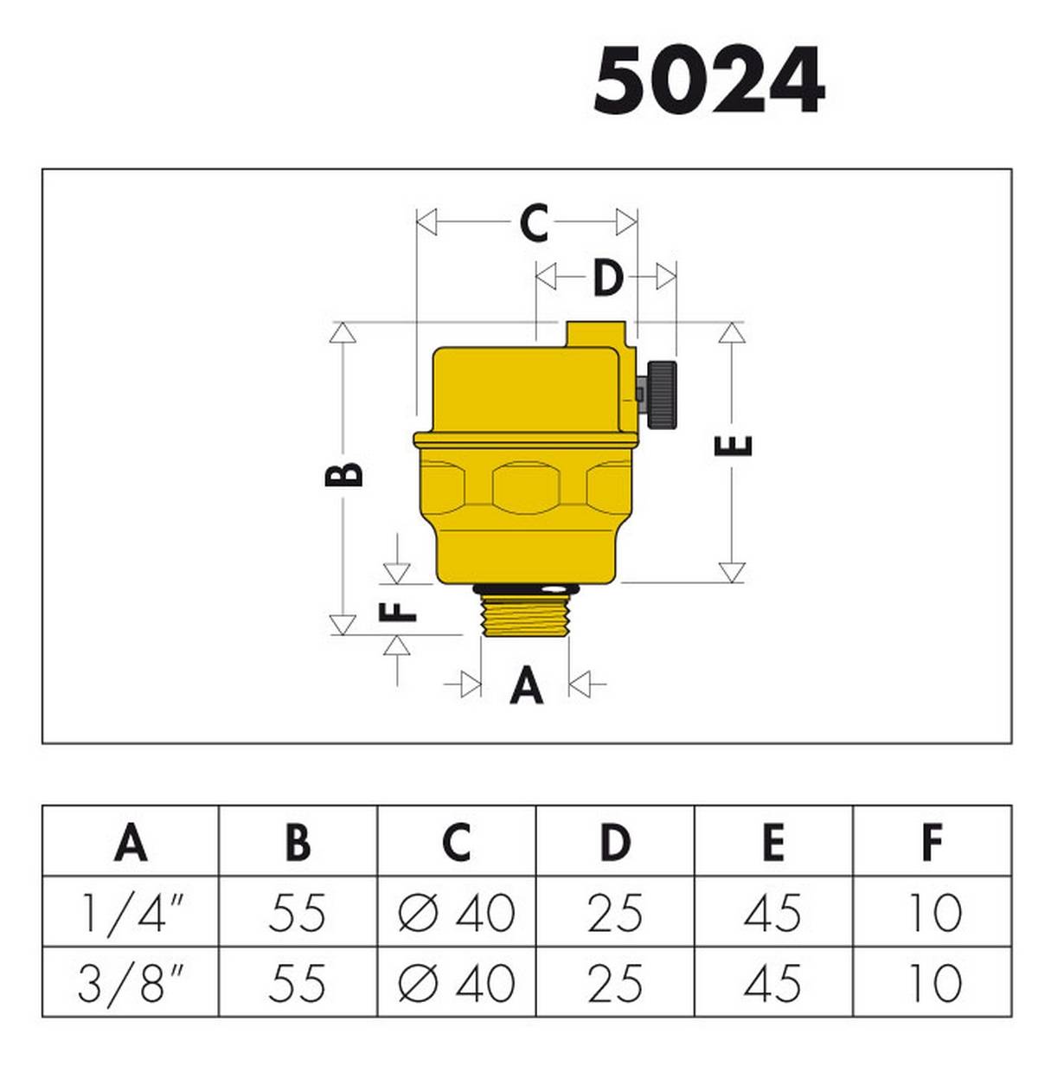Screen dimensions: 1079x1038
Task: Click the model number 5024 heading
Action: [x=708, y=80]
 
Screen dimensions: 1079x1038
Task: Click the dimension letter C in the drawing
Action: [x=534, y=222]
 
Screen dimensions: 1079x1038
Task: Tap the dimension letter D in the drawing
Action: [x=607, y=278]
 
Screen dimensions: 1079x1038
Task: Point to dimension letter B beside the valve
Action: [x=344, y=474]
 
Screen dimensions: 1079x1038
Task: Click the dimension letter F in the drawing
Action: [x=398, y=610]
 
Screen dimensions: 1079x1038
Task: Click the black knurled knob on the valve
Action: [x=662, y=394]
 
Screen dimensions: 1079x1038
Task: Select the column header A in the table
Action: [x=131, y=841]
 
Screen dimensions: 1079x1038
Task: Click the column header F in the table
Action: [x=932, y=841]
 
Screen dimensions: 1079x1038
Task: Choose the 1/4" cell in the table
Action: [x=131, y=912]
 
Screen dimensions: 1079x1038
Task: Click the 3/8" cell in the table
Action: [x=131, y=983]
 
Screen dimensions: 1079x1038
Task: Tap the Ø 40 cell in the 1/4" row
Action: [x=456, y=912]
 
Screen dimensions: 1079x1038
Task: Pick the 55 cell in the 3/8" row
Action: [x=297, y=983]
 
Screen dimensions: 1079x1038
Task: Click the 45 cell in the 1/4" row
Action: [x=772, y=912]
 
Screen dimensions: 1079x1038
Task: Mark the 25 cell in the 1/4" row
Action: [x=614, y=912]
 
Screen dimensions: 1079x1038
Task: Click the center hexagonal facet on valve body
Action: [x=528, y=487]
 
